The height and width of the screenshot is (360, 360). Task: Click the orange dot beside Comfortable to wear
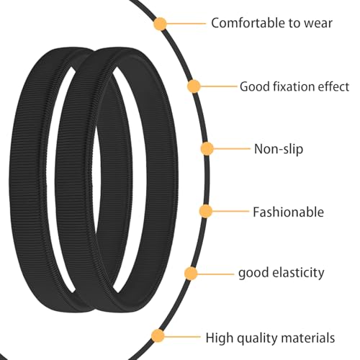160,24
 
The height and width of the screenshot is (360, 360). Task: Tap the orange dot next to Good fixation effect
194,86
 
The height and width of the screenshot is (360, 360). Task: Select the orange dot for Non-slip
207,148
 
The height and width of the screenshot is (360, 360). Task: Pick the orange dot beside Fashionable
206,211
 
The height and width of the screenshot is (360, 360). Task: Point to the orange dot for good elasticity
191,274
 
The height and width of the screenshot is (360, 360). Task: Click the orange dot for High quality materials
158,336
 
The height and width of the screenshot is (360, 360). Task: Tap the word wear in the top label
318,24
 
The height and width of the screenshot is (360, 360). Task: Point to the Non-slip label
279,149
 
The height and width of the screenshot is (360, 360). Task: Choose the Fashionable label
289,212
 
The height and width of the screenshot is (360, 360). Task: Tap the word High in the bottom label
220,338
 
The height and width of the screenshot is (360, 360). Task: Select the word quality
257,338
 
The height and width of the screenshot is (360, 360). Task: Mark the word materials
308,338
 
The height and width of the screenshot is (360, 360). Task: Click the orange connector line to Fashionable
231,211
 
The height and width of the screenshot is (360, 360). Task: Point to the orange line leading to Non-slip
232,148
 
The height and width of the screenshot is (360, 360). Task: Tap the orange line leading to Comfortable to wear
186,24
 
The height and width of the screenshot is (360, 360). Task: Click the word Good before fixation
255,86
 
